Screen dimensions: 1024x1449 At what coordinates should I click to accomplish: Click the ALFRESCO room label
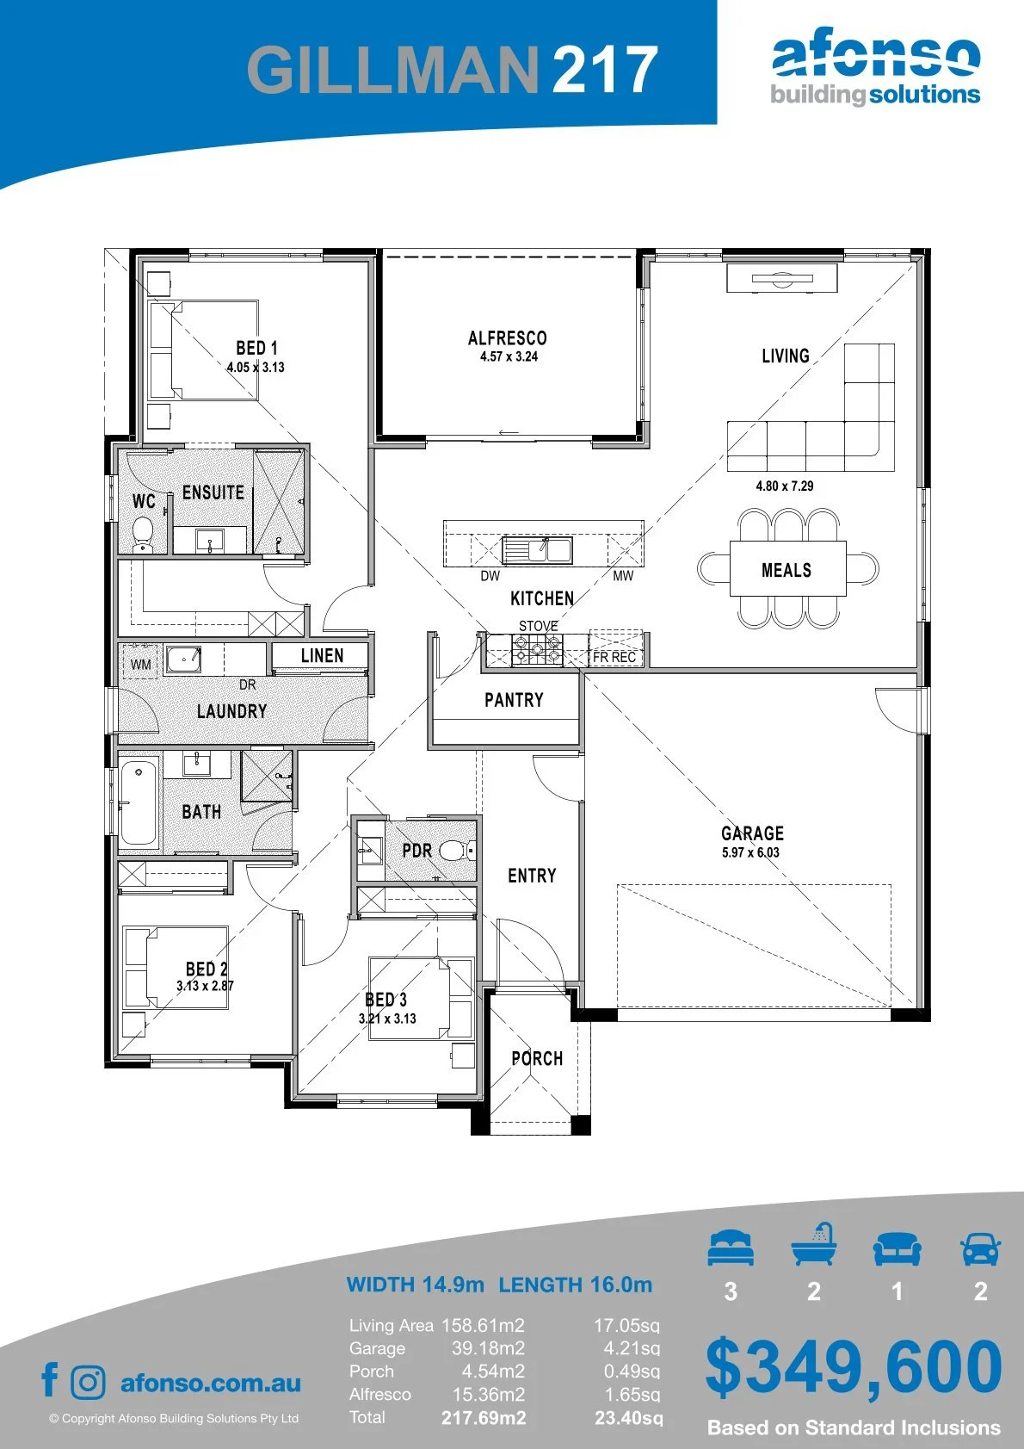pyautogui.click(x=508, y=338)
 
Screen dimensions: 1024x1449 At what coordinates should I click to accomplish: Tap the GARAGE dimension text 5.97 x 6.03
pyautogui.click(x=750, y=852)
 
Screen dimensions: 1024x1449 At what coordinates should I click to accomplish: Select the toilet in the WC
pyautogui.click(x=142, y=535)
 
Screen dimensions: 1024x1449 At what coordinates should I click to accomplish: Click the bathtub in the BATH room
pyautogui.click(x=139, y=802)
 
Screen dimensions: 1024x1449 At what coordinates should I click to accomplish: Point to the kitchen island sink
pyautogui.click(x=537, y=550)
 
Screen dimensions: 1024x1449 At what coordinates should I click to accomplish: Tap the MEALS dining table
pyautogui.click(x=787, y=568)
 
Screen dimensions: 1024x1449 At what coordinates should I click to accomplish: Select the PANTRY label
pyautogui.click(x=514, y=700)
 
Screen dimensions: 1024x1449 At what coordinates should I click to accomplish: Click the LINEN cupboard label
pyautogui.click(x=322, y=655)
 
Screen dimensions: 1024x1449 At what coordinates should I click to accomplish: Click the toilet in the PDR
pyautogui.click(x=457, y=851)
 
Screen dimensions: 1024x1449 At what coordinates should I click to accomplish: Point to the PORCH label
pyautogui.click(x=537, y=1058)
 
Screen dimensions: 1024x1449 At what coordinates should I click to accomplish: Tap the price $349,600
pyautogui.click(x=854, y=1367)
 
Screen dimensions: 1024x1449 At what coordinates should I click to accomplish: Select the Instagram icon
pyautogui.click(x=88, y=1383)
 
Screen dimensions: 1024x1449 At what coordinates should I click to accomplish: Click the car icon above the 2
pyautogui.click(x=981, y=1248)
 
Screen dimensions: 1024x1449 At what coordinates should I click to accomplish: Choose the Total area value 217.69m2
pyautogui.click(x=484, y=1418)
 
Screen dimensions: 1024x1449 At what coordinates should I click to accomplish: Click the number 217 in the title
pyautogui.click(x=604, y=69)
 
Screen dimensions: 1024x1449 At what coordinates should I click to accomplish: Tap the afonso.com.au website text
pyautogui.click(x=211, y=1383)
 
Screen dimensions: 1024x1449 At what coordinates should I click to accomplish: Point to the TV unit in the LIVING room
pyautogui.click(x=782, y=278)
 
